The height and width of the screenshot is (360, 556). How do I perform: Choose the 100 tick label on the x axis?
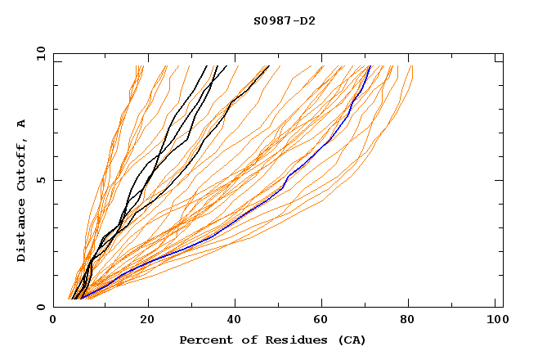[x=495, y=319]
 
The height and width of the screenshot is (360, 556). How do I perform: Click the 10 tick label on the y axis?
[x=40, y=53]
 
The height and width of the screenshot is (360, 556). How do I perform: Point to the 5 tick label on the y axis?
[x=40, y=180]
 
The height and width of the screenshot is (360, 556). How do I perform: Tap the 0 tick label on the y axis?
[x=40, y=307]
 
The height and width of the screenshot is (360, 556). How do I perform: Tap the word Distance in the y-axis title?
[x=22, y=231]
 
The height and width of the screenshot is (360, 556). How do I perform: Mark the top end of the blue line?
[x=370, y=66]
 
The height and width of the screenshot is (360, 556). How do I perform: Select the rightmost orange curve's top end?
[x=412, y=66]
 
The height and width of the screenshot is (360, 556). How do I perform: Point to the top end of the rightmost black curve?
[x=267, y=66]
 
